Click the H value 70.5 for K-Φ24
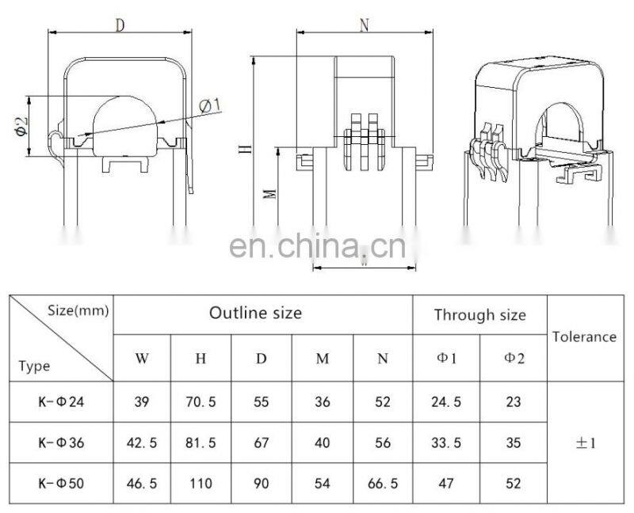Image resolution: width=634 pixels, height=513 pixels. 201,402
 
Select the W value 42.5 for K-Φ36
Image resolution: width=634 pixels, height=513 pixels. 142,443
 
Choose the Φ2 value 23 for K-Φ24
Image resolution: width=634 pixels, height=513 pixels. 513,402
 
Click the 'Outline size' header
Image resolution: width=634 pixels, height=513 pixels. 255,313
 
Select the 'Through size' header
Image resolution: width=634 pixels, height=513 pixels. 479,315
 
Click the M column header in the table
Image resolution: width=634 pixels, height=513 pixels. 322,359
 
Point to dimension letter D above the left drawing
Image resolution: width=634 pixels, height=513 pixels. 120,25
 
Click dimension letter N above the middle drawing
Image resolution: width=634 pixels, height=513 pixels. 364,25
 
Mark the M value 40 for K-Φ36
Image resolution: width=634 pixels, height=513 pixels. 322,443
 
